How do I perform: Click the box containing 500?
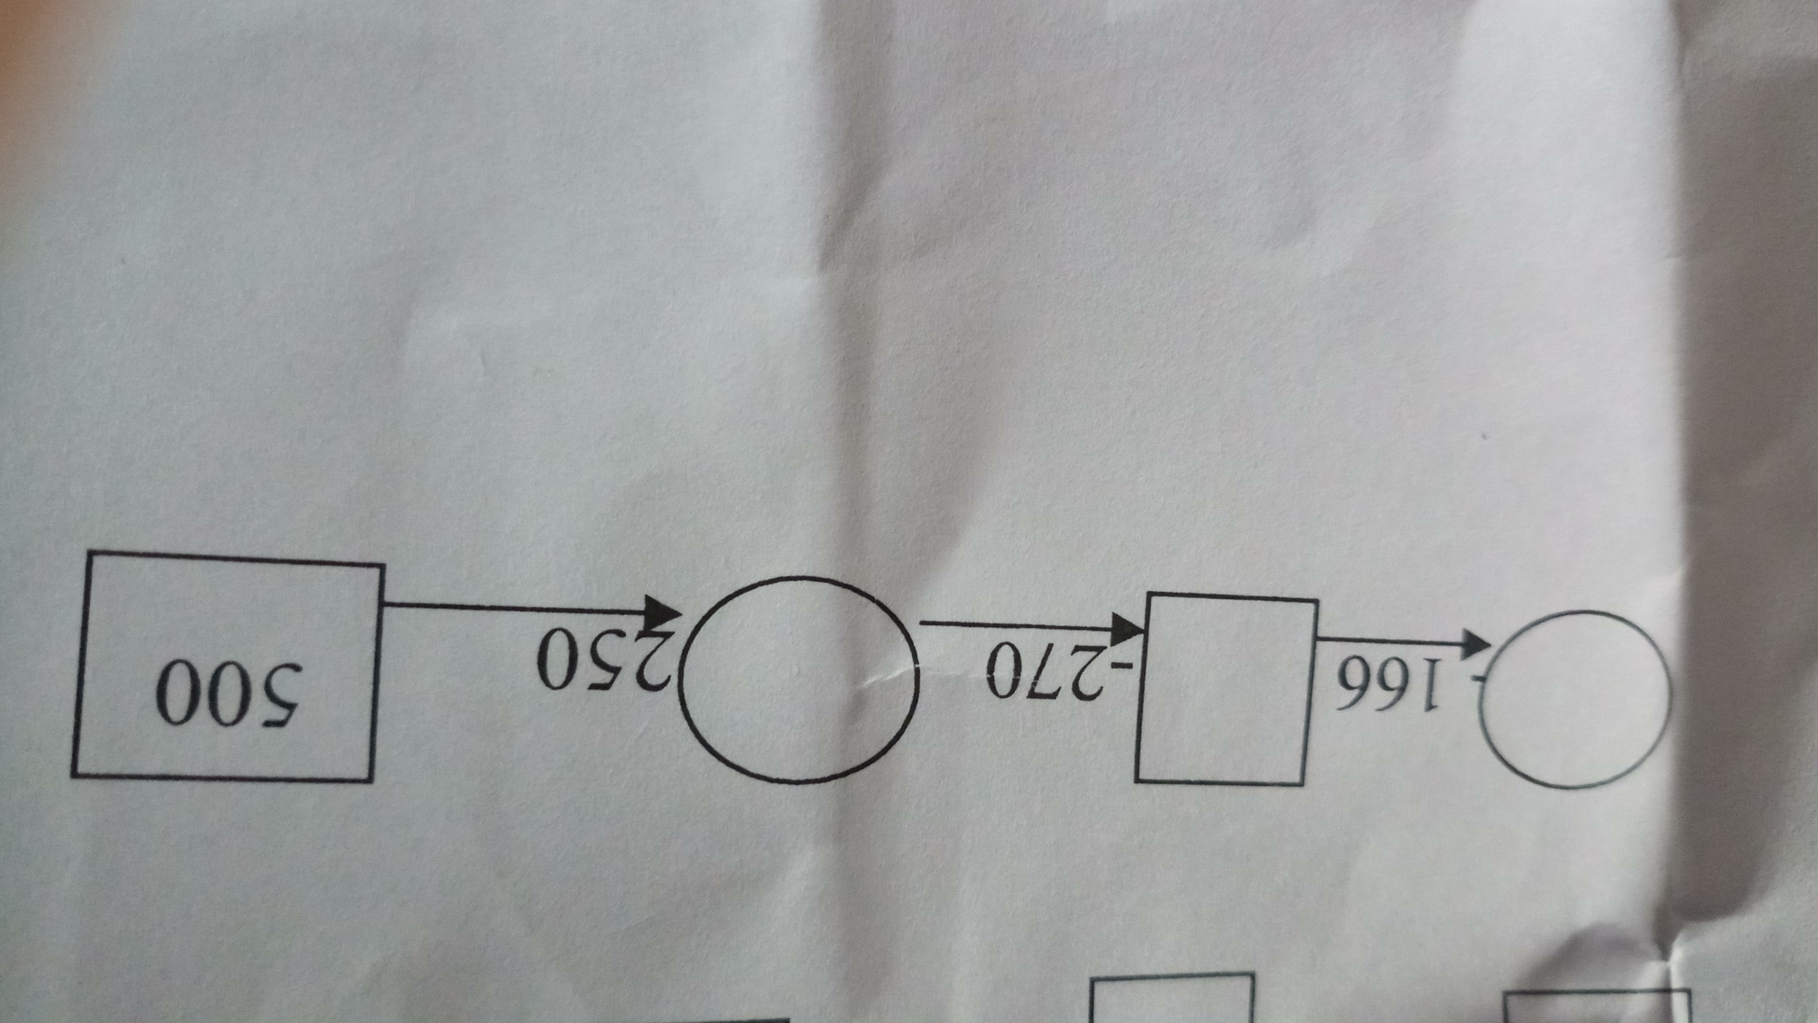click(x=226, y=667)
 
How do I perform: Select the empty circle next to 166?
click(x=1574, y=699)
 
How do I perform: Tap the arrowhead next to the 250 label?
click(x=663, y=613)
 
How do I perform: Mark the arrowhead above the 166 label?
click(x=1474, y=641)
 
